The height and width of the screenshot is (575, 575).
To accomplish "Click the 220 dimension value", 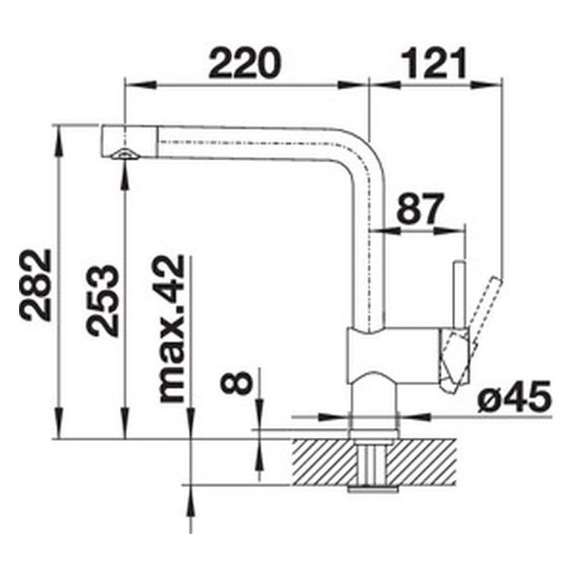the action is click(244, 62).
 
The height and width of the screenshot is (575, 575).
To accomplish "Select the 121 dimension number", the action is click(434, 62).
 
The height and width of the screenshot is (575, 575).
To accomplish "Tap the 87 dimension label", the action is click(420, 208).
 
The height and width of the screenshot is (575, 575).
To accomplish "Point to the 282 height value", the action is click(35, 285).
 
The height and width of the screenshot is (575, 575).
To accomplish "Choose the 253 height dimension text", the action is click(103, 301).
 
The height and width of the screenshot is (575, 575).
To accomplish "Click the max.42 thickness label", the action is click(169, 329).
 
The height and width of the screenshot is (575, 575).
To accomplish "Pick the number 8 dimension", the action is click(237, 381).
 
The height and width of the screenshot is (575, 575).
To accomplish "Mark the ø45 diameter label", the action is click(515, 397).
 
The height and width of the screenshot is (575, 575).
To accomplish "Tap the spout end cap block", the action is click(129, 141).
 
